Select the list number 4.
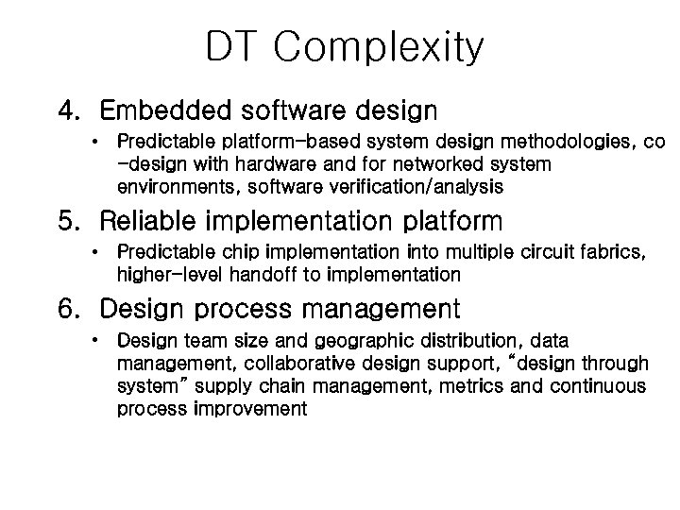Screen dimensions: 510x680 (69, 111)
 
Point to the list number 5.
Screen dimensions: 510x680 (69, 222)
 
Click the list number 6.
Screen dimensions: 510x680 (69, 308)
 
